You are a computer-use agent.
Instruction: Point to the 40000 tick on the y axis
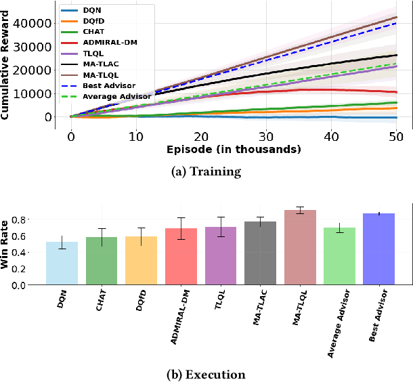click(x=36, y=23)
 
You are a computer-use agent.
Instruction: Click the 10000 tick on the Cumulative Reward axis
click(x=36, y=93)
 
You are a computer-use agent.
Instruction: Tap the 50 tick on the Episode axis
click(x=395, y=135)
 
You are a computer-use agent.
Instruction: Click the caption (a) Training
click(x=206, y=172)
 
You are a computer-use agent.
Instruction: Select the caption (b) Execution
click(x=206, y=374)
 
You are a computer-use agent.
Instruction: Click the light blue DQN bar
click(x=62, y=263)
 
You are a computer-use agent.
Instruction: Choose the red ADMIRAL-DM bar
click(x=181, y=257)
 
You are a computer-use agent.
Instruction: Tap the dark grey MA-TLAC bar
click(x=260, y=253)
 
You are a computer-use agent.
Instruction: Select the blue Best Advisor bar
click(x=379, y=249)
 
